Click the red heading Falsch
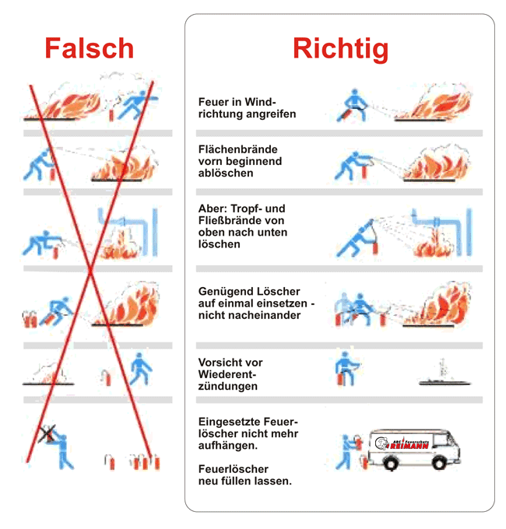pyautogui.click(x=89, y=48)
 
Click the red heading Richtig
pyautogui.click(x=340, y=48)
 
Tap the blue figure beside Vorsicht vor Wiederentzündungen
pyautogui.click(x=344, y=367)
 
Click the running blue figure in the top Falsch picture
pyautogui.click(x=139, y=102)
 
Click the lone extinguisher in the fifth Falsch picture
pyautogui.click(x=105, y=377)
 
